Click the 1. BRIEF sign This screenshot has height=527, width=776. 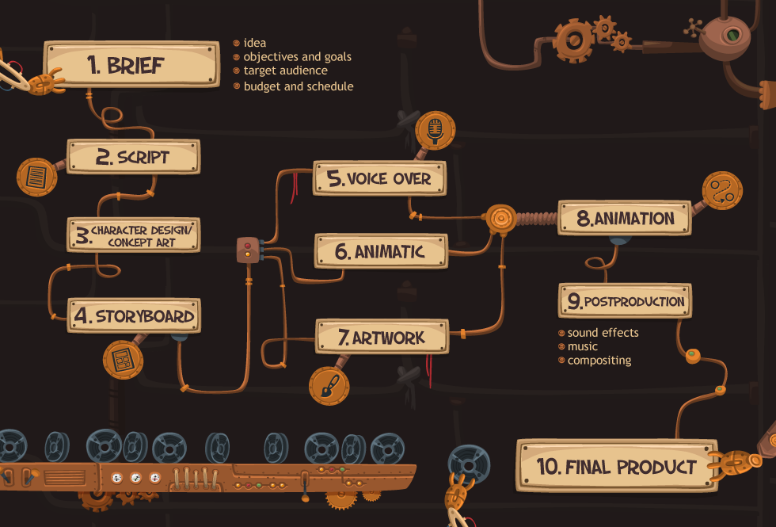pos(131,64)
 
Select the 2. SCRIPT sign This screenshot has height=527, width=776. pos(134,157)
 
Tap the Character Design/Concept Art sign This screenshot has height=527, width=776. pos(134,235)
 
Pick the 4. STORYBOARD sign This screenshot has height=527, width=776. pos(134,315)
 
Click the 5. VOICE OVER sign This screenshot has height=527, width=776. pos(379,178)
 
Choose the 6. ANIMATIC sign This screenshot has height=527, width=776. pos(381,251)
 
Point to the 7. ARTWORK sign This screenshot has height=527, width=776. pos(382,337)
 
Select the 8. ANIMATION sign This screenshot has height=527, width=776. pos(625,218)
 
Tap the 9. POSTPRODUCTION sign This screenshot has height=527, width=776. pos(625,300)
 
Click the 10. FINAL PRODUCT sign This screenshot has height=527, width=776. pos(617,466)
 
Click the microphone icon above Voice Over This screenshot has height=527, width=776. pos(435,131)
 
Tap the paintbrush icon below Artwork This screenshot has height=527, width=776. pos(329,386)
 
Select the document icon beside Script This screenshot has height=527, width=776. pos(36,177)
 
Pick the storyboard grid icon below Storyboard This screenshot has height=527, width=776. pos(123,360)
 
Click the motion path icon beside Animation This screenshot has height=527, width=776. pos(722,191)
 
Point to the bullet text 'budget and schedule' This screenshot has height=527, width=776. pos(299,86)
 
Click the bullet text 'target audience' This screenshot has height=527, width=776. pos(286,71)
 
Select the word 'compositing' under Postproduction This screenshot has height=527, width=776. pos(599,360)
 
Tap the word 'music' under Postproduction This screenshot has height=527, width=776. pos(583,346)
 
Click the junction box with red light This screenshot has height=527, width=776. pos(248,250)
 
